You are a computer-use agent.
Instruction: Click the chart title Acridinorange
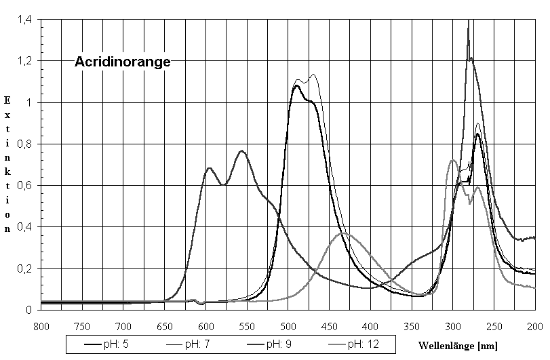(122, 63)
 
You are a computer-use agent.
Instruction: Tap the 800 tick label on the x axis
(41, 326)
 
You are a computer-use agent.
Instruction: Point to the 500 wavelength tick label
(288, 326)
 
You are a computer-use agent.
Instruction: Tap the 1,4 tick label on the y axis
(24, 20)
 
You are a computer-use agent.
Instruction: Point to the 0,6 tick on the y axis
(24, 186)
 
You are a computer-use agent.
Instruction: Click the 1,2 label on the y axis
(24, 61)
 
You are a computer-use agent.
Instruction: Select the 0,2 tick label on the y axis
(24, 268)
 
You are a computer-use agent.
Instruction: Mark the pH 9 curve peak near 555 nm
(242, 151)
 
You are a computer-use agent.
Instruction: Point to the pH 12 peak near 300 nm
(452, 160)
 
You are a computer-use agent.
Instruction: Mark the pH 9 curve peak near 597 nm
(209, 167)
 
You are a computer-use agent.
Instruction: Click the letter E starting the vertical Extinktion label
(8, 100)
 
